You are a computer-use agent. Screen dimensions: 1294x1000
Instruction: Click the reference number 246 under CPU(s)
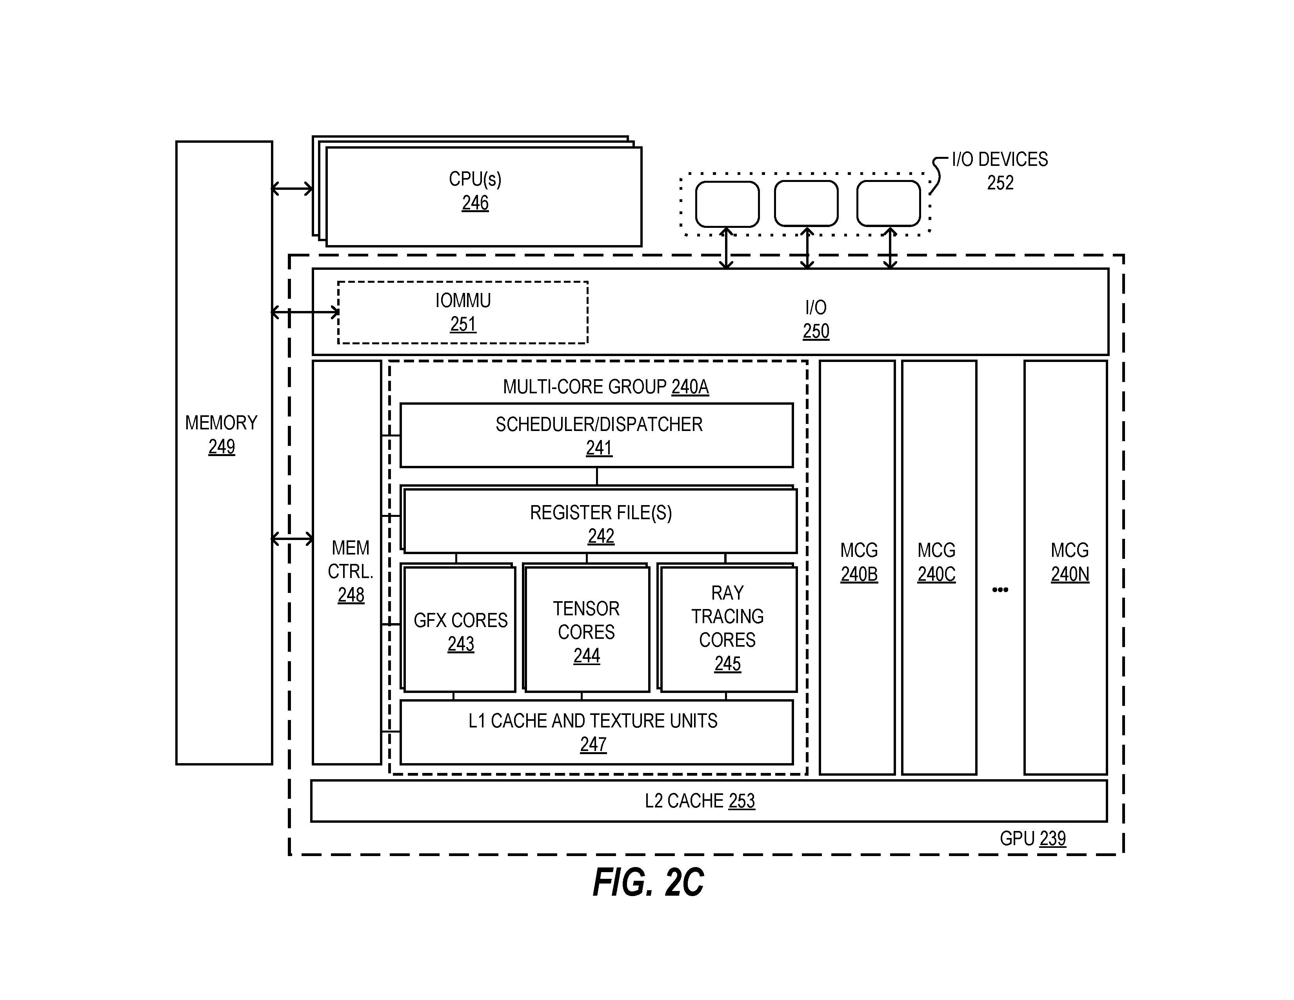pyautogui.click(x=475, y=203)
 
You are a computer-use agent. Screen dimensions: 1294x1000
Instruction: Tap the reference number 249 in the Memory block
pyautogui.click(x=221, y=447)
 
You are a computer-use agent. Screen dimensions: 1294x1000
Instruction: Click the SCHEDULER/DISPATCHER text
pyautogui.click(x=599, y=424)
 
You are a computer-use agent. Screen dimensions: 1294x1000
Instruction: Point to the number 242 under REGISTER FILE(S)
pyautogui.click(x=601, y=536)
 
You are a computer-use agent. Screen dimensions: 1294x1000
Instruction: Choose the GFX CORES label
pyautogui.click(x=460, y=620)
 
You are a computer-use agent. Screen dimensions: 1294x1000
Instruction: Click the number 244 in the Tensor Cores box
pyautogui.click(x=587, y=656)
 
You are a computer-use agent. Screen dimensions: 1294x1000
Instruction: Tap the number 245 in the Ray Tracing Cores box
pyautogui.click(x=727, y=664)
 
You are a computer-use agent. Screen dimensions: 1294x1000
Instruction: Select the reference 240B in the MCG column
pyautogui.click(x=859, y=574)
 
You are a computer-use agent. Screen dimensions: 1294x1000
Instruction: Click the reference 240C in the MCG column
pyautogui.click(x=936, y=574)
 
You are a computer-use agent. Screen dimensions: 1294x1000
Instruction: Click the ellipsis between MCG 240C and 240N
pyautogui.click(x=1000, y=589)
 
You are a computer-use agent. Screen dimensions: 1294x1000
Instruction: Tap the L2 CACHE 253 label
pyautogui.click(x=700, y=801)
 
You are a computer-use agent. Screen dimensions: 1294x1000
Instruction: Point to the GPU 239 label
pyautogui.click(x=1033, y=838)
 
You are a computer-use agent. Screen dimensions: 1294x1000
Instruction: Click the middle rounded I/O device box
pyautogui.click(x=806, y=204)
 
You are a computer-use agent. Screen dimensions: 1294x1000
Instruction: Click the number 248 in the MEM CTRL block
pyautogui.click(x=351, y=595)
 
